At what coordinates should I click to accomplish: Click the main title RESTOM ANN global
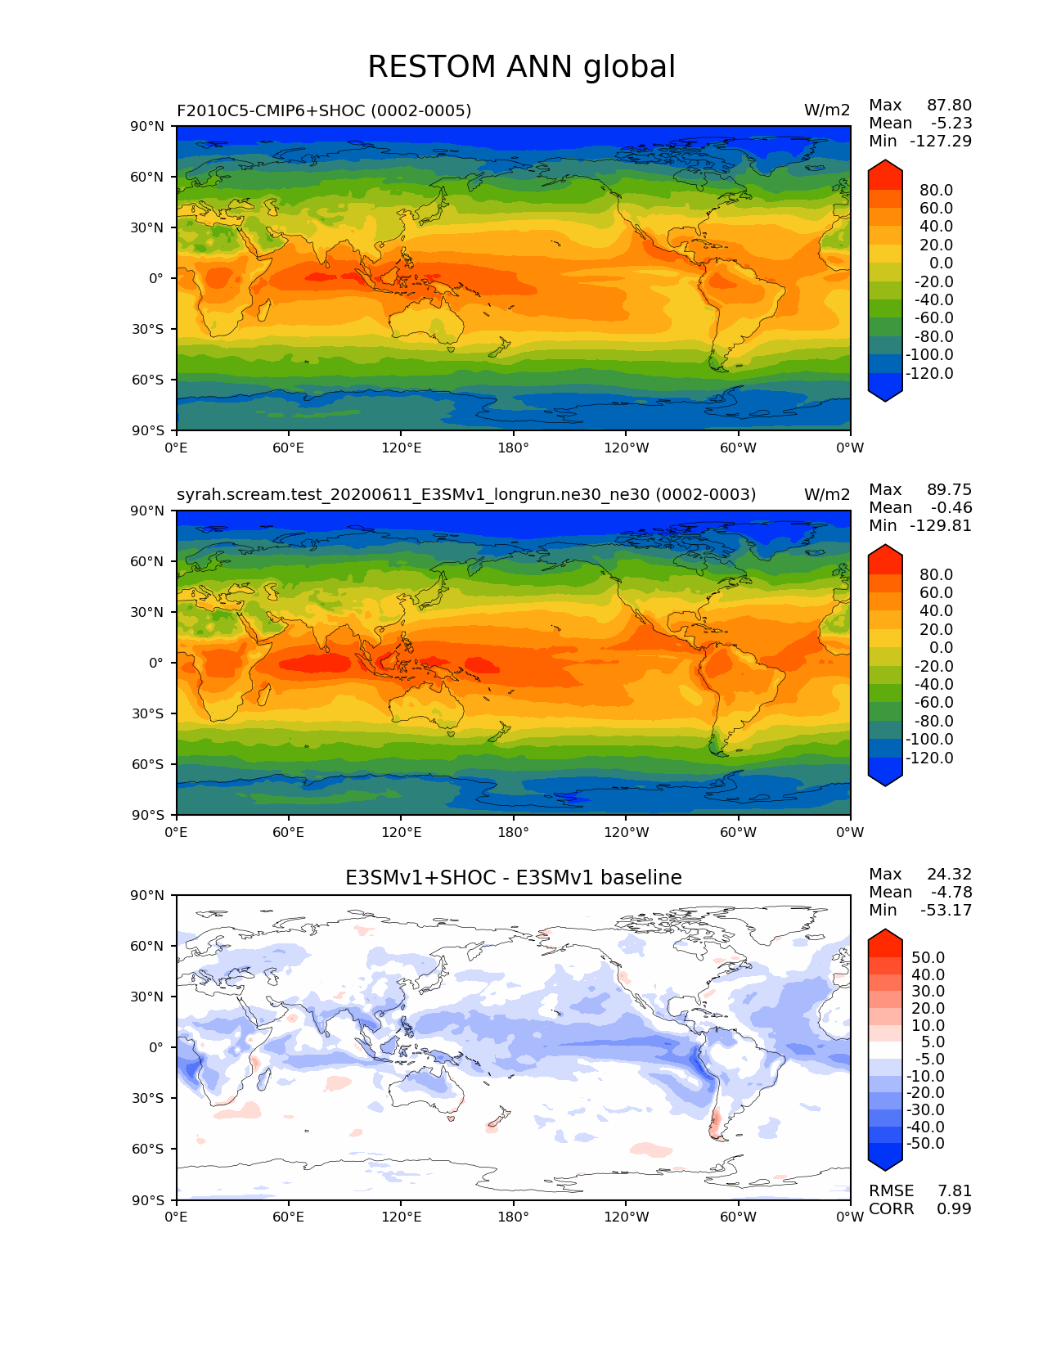521,67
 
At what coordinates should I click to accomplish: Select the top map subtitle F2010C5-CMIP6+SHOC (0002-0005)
324,110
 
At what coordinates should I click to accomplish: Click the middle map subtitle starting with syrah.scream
466,495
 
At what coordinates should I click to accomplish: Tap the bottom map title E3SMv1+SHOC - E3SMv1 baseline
513,878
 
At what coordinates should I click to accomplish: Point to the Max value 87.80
949,106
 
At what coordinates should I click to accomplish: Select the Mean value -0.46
951,508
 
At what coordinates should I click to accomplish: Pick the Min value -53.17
946,911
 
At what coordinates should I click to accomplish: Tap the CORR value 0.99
954,1209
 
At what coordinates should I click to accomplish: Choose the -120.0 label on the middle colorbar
929,758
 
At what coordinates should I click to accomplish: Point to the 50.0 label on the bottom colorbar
928,958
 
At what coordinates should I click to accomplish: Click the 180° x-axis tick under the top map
513,448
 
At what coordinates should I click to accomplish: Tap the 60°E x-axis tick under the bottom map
288,1217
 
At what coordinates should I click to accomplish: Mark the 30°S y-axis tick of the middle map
147,713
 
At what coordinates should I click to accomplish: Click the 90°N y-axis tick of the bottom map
147,895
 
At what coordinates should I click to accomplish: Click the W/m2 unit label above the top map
827,110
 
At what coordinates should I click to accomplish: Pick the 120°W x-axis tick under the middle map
626,833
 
